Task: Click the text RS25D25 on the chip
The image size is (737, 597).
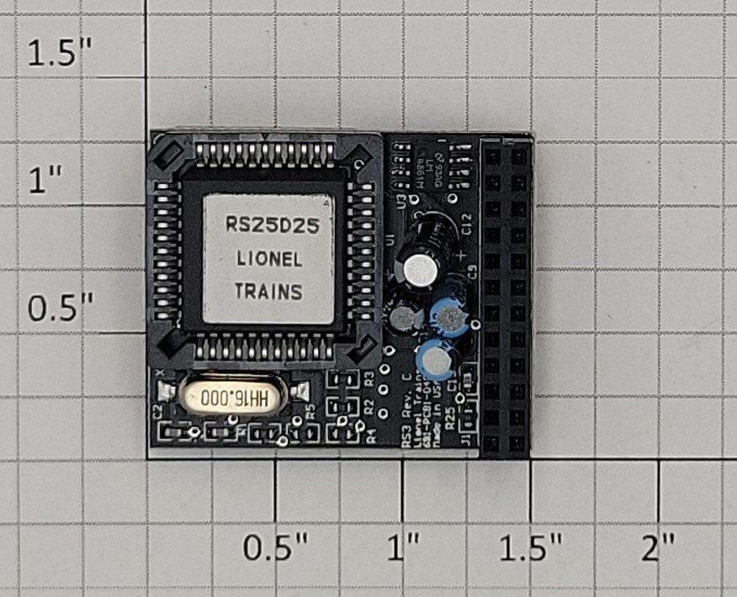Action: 267,225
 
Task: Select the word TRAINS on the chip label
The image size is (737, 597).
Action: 268,292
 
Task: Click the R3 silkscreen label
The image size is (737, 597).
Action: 369,378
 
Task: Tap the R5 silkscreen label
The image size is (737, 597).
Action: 310,411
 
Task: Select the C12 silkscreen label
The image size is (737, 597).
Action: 467,225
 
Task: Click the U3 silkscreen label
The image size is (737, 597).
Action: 400,201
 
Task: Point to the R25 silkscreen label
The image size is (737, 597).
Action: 452,418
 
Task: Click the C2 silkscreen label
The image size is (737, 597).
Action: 156,411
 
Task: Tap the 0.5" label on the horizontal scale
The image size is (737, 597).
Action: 276,550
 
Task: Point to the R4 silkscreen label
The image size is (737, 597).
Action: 369,435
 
